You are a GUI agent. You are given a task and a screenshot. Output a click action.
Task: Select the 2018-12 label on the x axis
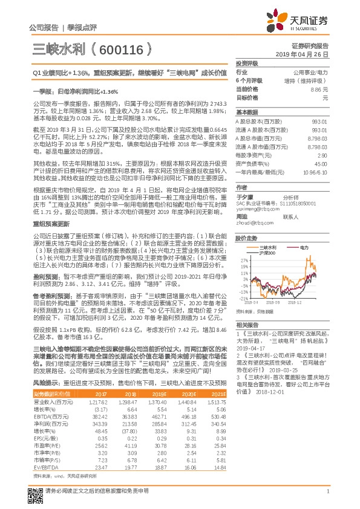294,302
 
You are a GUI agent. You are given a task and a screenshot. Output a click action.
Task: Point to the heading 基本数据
246,112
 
